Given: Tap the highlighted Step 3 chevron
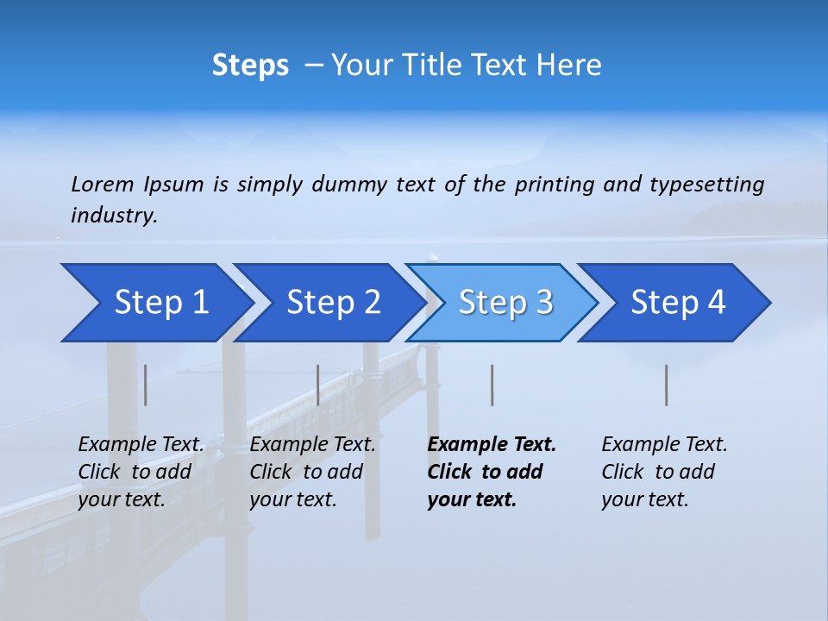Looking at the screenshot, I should point(505,303).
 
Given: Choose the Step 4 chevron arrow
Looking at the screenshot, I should point(678,303).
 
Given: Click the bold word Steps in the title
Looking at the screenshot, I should point(250,66).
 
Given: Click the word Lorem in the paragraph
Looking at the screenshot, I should point(102,185).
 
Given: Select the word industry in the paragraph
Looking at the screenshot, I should point(114,216).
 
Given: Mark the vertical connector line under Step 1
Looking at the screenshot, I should point(146,385).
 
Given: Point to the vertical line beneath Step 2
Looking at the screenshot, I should point(318,385).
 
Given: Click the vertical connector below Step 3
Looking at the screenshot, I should point(492,385).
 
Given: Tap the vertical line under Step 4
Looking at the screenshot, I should point(667,385).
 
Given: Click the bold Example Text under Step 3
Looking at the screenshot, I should point(492,445).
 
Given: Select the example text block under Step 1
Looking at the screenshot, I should point(141,472).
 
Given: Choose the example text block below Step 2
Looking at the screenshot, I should point(312,472).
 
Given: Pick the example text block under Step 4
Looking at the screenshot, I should point(664,472).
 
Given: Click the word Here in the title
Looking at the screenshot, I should point(568,66).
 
